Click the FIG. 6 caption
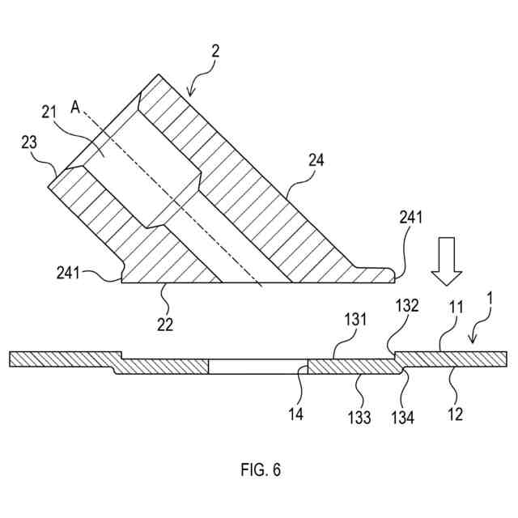[261, 469]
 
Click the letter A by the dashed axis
[76, 106]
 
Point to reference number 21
[49, 112]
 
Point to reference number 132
[406, 307]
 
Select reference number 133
[359, 417]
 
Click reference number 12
[456, 414]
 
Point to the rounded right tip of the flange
[392, 275]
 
